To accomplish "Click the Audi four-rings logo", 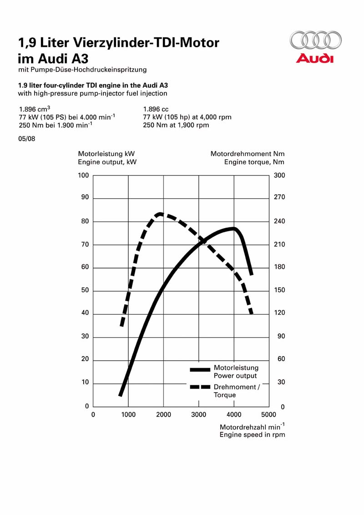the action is [316, 40].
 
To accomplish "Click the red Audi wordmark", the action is [315, 59].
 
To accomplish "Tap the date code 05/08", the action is [26, 139].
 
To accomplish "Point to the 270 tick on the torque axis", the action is [279, 197].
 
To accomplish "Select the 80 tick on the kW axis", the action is [85, 221].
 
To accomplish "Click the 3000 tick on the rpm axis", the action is [199, 414].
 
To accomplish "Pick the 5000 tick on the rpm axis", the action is [269, 414].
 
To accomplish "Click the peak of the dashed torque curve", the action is [160, 214].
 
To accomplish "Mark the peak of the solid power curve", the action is [233, 228].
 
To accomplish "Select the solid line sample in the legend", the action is [200, 369].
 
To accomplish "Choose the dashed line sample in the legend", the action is [200, 387].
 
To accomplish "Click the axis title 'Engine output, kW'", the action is [107, 162].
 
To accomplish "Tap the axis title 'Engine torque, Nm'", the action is [254, 162].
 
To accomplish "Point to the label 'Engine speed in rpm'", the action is [253, 435].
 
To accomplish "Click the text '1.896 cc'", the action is [156, 109].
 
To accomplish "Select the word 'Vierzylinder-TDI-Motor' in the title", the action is [146, 42].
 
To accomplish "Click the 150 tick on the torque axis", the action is [279, 290].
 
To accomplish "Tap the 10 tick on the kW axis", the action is [85, 382].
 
